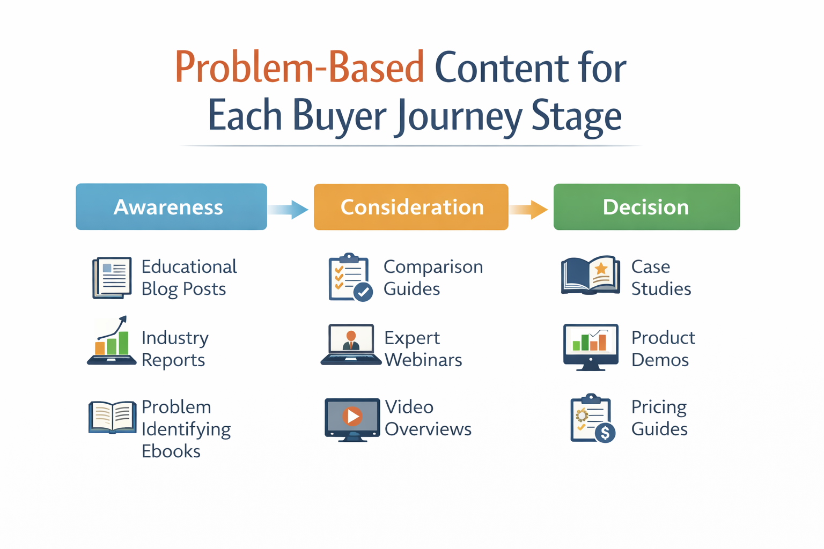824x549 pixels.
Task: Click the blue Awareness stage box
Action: tap(171, 207)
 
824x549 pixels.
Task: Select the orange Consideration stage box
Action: tap(411, 207)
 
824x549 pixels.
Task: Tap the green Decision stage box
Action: tap(646, 207)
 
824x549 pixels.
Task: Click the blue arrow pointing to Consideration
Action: tap(290, 209)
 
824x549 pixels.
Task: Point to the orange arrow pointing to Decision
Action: tap(529, 209)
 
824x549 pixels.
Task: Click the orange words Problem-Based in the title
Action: tap(299, 68)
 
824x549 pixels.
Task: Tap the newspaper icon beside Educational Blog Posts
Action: tap(112, 277)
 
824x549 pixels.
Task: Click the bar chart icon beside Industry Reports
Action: tap(112, 342)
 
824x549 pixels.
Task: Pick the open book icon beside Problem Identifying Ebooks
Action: tap(112, 417)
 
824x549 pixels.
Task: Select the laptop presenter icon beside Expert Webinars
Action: tap(351, 344)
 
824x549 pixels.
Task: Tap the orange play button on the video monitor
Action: tap(352, 416)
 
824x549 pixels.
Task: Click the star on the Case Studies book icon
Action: tap(601, 268)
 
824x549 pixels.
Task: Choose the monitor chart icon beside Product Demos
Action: tap(590, 346)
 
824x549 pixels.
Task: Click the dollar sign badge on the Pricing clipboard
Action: tap(605, 432)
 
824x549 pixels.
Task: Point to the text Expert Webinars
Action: tap(423, 349)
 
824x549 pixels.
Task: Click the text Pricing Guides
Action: tap(659, 418)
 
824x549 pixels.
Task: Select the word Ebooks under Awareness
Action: tap(171, 451)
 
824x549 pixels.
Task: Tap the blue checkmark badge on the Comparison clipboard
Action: tap(363, 292)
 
